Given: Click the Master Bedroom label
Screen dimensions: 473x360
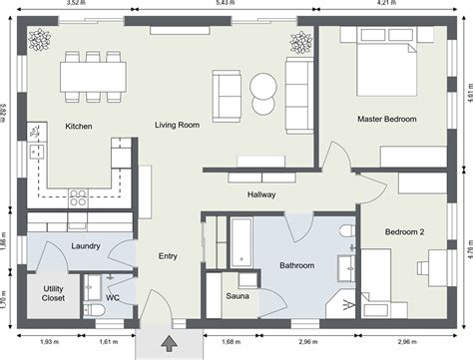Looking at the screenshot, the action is (x=387, y=119).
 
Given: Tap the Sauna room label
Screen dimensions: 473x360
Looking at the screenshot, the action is (x=237, y=296).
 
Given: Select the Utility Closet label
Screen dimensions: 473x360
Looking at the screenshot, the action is (x=53, y=293).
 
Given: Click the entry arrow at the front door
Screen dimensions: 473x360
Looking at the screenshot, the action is (x=170, y=343).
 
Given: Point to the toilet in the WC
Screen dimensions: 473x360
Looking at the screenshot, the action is (x=94, y=310).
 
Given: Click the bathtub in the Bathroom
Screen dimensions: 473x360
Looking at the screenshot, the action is (x=241, y=242).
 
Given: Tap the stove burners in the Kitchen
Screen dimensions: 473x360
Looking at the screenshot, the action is (x=78, y=197).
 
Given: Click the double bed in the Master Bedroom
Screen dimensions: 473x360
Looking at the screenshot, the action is (x=386, y=62).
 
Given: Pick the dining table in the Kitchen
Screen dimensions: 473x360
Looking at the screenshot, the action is (x=93, y=77).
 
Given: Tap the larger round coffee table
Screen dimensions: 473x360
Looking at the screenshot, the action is (x=263, y=87).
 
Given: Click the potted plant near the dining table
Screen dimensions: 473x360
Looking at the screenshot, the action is (x=40, y=40).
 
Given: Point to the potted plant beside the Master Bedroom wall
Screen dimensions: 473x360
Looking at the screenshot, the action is (x=301, y=43).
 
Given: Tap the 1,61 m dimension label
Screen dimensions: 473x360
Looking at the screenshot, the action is (x=109, y=341).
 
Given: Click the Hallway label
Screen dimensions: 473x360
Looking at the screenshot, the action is (x=261, y=194).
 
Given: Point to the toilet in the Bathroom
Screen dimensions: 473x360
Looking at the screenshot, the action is (x=348, y=230).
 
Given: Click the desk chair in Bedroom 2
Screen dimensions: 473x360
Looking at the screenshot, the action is (x=423, y=268).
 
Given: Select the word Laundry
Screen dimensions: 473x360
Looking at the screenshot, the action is (x=86, y=246).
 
